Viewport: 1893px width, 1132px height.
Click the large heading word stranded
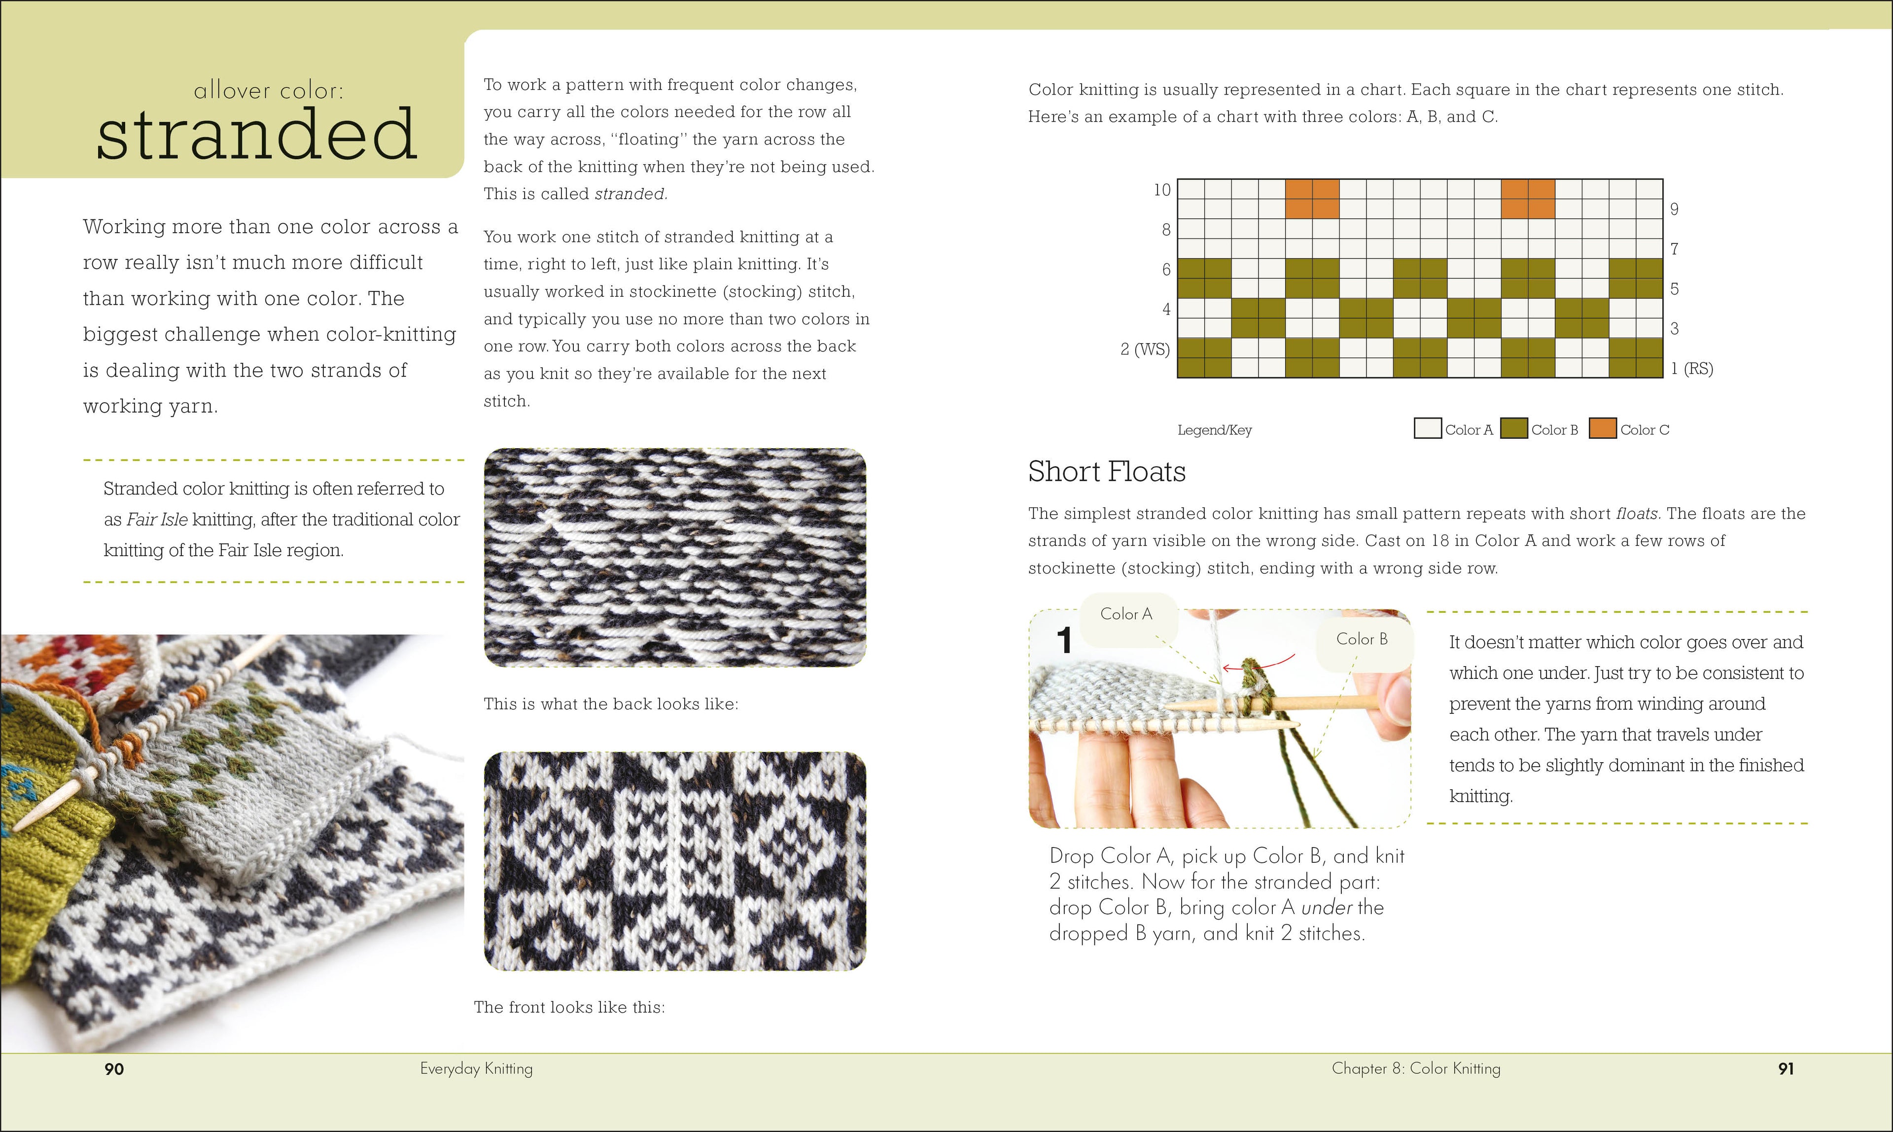(256, 135)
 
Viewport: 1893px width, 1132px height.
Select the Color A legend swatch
(1427, 428)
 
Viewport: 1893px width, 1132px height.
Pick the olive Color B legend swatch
(1513, 428)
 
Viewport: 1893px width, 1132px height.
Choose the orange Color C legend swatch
(1603, 428)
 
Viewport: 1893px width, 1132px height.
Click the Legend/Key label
(1214, 430)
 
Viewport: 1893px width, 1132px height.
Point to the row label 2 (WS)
(1145, 350)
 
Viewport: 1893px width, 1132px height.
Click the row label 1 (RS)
(1692, 368)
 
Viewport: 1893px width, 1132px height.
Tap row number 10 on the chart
(1161, 190)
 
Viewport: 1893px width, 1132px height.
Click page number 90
(114, 1069)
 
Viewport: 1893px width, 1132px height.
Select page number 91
(1786, 1069)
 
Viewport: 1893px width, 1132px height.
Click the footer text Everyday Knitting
(476, 1068)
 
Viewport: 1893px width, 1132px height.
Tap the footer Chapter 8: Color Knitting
(1415, 1068)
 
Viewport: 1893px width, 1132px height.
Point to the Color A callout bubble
(1126, 614)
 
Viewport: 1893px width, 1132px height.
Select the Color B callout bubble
(1362, 639)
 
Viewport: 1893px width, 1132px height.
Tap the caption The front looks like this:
(569, 1007)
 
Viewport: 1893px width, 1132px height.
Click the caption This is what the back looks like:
(610, 703)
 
